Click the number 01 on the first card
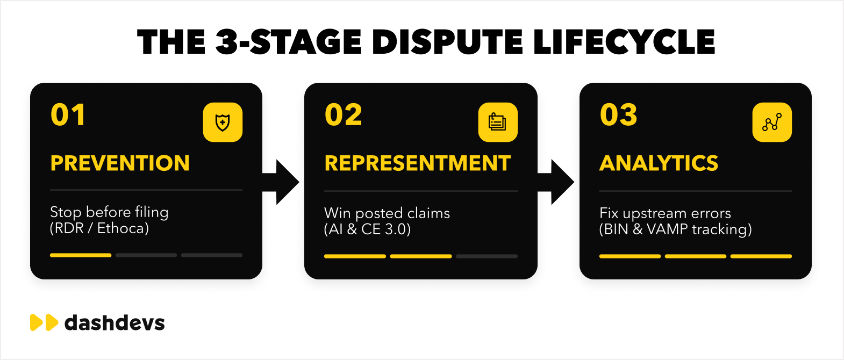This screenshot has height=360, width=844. click(x=68, y=115)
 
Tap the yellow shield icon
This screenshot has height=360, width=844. click(x=223, y=123)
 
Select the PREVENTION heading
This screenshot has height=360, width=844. click(x=120, y=163)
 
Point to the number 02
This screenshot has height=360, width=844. click(x=344, y=115)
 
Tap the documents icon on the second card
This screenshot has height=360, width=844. click(x=498, y=123)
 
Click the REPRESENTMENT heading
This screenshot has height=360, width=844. click(x=418, y=163)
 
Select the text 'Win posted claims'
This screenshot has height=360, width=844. click(x=387, y=213)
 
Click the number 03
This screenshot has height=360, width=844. click(x=618, y=115)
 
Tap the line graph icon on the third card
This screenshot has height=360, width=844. click(x=772, y=123)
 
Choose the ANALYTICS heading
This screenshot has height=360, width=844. click(x=659, y=163)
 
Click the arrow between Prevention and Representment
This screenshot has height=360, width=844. click(x=281, y=182)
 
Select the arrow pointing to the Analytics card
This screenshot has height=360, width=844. click(x=556, y=182)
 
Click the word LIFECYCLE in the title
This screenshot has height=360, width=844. click(x=624, y=42)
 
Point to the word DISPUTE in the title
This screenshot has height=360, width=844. click(x=448, y=42)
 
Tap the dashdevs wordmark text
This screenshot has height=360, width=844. click(x=115, y=323)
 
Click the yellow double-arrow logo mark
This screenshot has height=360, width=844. click(x=44, y=322)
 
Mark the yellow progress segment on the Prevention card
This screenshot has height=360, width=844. click(x=81, y=255)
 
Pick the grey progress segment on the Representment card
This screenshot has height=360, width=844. click(x=487, y=256)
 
